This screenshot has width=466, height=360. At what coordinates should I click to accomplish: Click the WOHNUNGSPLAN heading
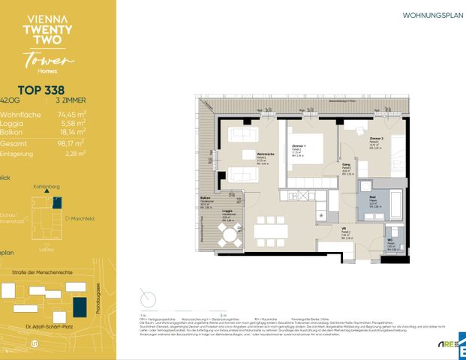pos(428,14)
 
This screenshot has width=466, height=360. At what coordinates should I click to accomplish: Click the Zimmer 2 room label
pos(376,139)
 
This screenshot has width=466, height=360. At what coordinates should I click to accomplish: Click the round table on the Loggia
pos(227,235)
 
